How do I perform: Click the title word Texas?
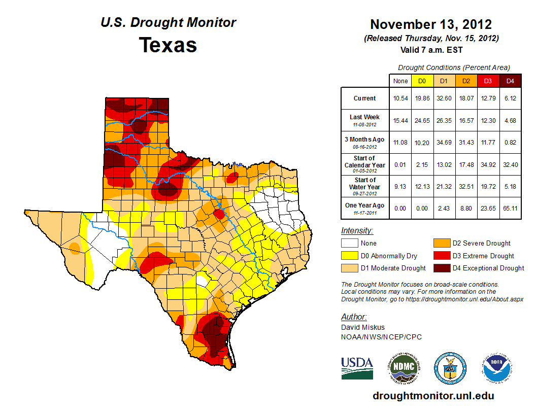[x=168, y=45]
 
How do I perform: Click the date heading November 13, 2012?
[x=431, y=24]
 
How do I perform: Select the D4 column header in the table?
[x=510, y=81]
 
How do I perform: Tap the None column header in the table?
[x=400, y=81]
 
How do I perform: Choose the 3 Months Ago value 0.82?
[x=510, y=143]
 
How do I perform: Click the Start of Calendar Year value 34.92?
[x=488, y=165]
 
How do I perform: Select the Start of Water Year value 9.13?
[x=400, y=187]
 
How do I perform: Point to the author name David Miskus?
[x=363, y=327]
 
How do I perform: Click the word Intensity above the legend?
[x=357, y=230]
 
